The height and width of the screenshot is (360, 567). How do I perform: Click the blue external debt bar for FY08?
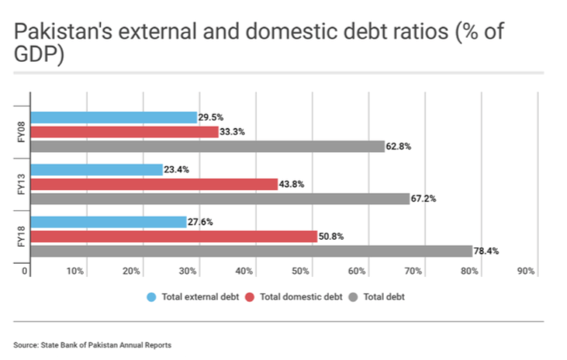click(113, 117)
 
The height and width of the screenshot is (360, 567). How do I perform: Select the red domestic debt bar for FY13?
click(154, 184)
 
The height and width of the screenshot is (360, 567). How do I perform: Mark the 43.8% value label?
click(292, 184)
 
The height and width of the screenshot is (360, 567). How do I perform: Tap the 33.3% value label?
click(233, 132)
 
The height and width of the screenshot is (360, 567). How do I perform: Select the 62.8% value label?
click(399, 146)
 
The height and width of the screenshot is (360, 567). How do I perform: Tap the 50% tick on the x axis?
click(301, 271)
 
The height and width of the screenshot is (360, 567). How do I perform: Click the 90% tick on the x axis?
click(526, 271)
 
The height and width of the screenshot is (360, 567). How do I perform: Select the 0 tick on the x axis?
click(25, 271)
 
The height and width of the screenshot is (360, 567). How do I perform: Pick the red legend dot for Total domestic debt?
click(250, 296)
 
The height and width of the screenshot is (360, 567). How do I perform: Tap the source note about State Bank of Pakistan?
click(92, 344)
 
